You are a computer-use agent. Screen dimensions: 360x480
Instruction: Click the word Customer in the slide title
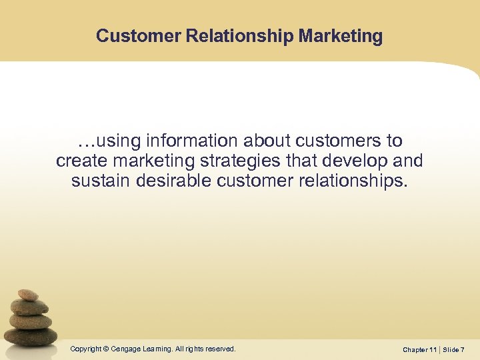click(x=130, y=36)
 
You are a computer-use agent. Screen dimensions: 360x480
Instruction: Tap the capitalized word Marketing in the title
click(x=341, y=36)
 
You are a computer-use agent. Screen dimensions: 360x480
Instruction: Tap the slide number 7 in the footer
click(x=462, y=349)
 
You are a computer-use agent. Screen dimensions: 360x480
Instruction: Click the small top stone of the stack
click(x=28, y=295)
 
